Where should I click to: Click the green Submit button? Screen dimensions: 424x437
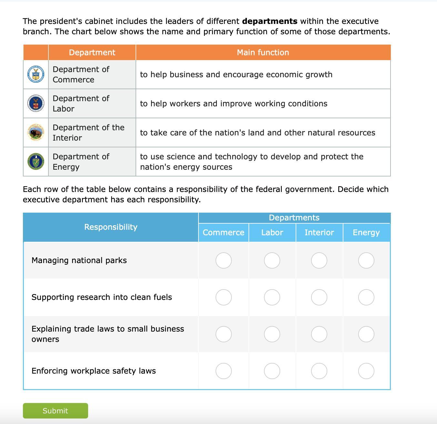55,410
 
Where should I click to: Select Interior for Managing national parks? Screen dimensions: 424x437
319,260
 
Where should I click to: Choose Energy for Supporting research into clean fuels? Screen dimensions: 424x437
366,297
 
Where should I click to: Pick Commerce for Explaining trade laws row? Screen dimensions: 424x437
223,334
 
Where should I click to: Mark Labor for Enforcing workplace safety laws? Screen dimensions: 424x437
272,371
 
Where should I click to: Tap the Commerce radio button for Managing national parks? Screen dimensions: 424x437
223,260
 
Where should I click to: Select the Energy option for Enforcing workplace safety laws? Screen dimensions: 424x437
366,371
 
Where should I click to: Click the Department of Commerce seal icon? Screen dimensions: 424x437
36,74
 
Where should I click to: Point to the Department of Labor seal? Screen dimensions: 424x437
36,103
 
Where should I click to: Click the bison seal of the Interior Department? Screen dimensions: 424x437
36,132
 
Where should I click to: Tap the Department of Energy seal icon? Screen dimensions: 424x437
36,162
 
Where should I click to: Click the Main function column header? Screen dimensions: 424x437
263,52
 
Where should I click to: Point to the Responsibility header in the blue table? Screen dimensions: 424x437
111,227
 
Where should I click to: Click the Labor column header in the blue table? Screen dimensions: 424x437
272,232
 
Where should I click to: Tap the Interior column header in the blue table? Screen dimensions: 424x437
319,232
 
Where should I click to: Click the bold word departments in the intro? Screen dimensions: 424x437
269,21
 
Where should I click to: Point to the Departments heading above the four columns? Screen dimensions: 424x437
294,217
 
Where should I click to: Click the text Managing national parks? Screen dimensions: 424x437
79,260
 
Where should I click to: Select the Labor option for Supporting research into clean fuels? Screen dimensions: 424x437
272,297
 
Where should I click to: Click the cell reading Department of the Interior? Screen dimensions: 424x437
88,132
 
